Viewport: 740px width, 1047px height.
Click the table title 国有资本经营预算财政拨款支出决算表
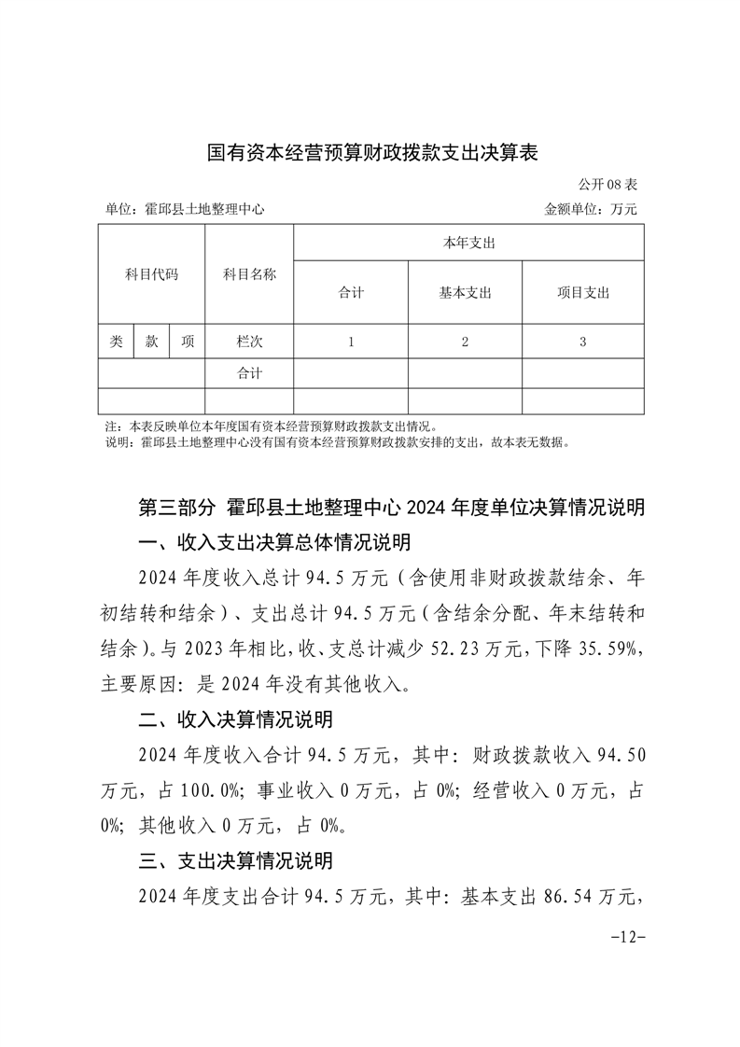coord(372,152)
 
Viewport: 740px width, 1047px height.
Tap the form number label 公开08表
coord(607,185)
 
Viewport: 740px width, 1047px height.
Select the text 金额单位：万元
coord(591,210)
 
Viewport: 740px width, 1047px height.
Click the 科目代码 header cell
coord(151,274)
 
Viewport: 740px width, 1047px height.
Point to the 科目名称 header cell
coord(249,274)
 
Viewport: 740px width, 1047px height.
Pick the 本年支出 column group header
coord(468,243)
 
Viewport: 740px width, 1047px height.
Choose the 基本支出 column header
coord(465,292)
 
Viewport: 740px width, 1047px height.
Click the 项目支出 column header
coord(583,292)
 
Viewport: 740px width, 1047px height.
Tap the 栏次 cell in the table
coord(249,342)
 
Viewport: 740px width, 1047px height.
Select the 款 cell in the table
coord(151,342)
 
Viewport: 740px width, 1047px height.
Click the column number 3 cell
coord(583,342)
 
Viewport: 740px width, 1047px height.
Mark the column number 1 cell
coord(351,342)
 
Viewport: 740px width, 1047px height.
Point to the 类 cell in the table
coord(116,342)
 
